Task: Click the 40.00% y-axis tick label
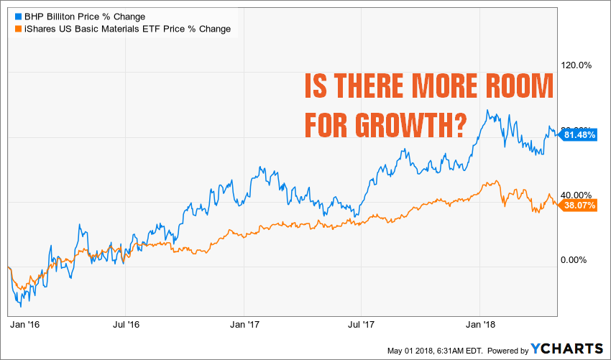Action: [576, 195]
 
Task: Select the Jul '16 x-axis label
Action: [127, 325]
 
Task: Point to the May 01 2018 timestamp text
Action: [446, 350]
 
